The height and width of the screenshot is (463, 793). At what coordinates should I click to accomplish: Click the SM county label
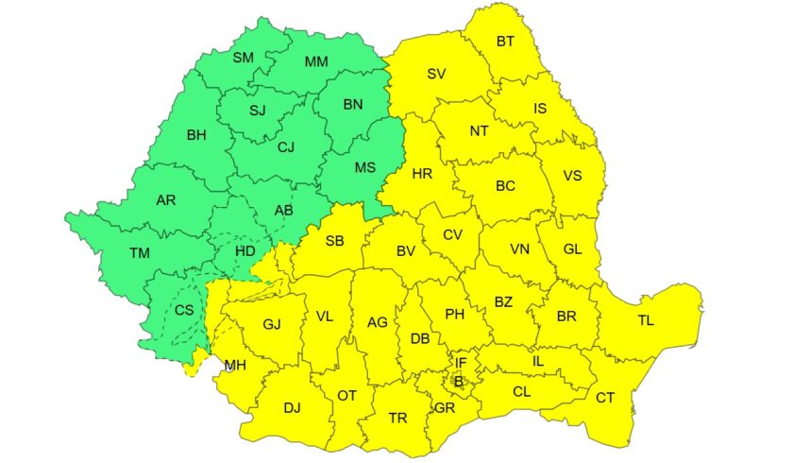click(x=244, y=58)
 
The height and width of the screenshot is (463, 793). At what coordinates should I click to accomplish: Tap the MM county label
click(x=315, y=62)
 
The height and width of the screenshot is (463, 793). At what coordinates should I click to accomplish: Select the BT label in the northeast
click(x=505, y=42)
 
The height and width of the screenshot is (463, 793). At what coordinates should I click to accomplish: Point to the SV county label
click(x=436, y=74)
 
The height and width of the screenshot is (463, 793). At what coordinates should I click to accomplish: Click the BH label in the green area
click(x=196, y=135)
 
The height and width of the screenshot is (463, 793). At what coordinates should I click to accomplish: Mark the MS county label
click(x=364, y=168)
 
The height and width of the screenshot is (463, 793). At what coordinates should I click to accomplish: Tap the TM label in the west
click(x=141, y=253)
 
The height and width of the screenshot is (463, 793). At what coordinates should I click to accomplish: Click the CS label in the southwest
click(x=184, y=310)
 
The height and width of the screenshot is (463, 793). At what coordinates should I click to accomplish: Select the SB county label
click(x=334, y=241)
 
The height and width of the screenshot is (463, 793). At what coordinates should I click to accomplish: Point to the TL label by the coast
click(x=645, y=321)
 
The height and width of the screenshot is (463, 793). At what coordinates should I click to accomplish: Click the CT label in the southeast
click(x=605, y=398)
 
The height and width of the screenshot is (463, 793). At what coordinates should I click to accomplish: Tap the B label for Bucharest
click(x=459, y=381)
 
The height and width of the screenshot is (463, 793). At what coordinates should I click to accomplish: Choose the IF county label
click(x=461, y=363)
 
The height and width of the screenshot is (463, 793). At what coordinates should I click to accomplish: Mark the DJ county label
click(x=292, y=408)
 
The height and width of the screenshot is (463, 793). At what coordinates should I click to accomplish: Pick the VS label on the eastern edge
click(x=572, y=176)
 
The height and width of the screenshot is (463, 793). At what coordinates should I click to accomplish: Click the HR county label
click(x=422, y=174)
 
